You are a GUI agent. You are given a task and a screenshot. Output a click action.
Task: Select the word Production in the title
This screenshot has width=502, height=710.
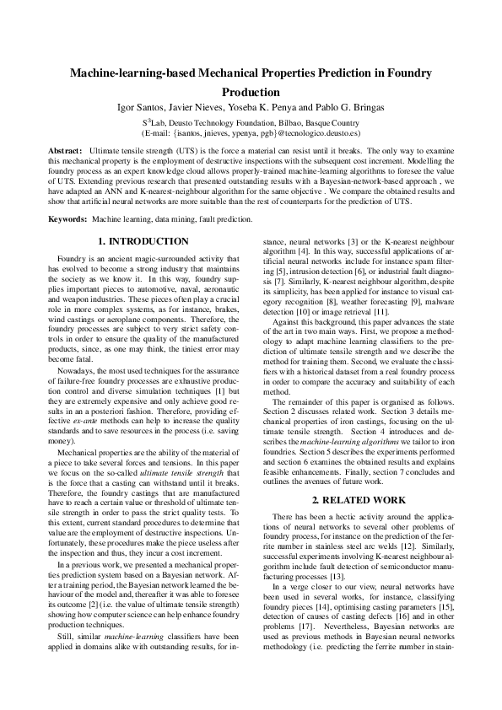(x=251, y=92)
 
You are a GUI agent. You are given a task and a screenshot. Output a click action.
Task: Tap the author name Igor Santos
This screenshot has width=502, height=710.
(x=140, y=107)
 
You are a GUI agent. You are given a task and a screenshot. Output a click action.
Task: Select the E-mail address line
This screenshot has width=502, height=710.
(x=251, y=133)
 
